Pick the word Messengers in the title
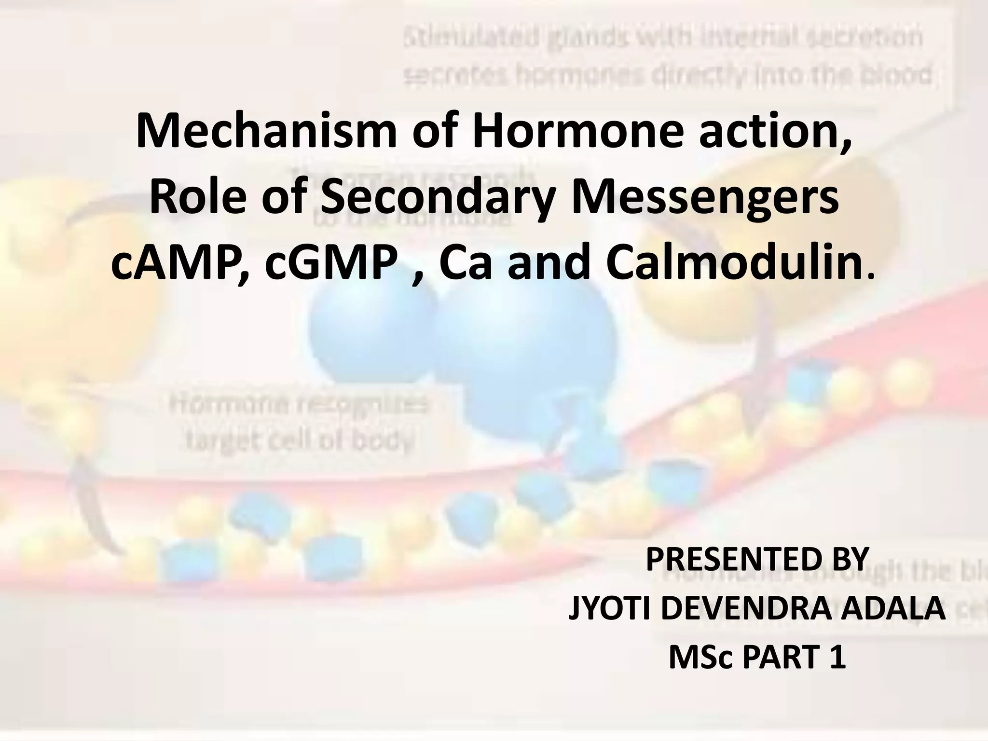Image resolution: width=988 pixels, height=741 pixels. tap(704, 199)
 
